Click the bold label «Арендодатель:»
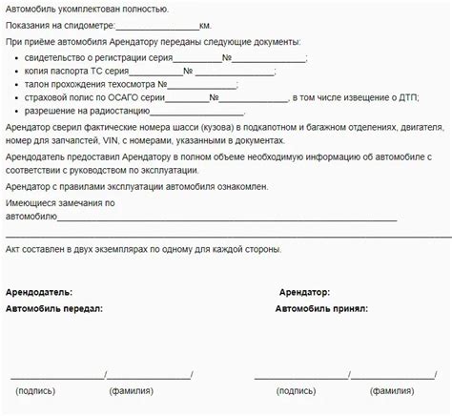(39, 292)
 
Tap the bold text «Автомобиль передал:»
(54, 309)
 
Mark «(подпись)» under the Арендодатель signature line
(35, 390)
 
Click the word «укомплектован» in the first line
(94, 9)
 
